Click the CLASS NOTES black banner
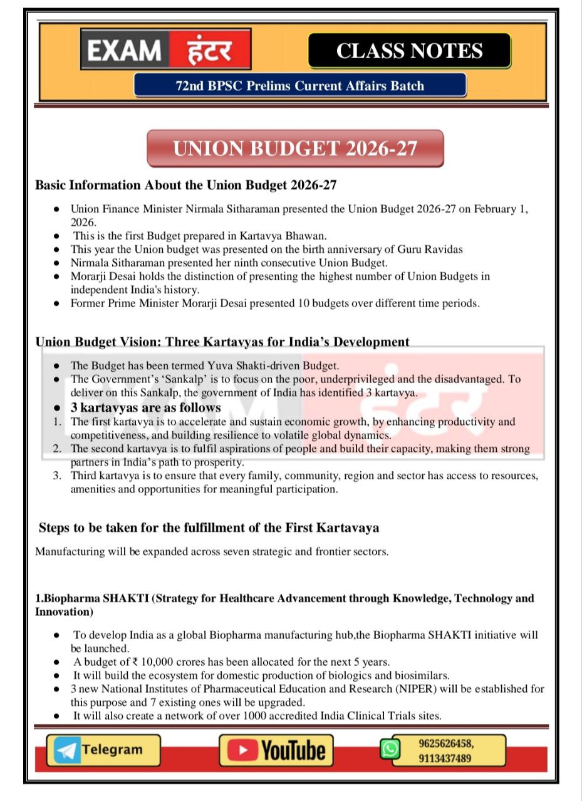[409, 51]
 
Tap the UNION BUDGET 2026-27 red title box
[295, 149]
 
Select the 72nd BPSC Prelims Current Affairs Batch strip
[299, 86]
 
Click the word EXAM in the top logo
[125, 51]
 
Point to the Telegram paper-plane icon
[66, 750]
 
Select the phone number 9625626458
[445, 743]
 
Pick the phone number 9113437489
[445, 758]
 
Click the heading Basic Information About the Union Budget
[187, 185]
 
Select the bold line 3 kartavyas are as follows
[145, 407]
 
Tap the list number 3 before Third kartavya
[57, 476]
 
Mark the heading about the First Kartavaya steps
[209, 528]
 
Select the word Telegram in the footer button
[112, 750]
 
